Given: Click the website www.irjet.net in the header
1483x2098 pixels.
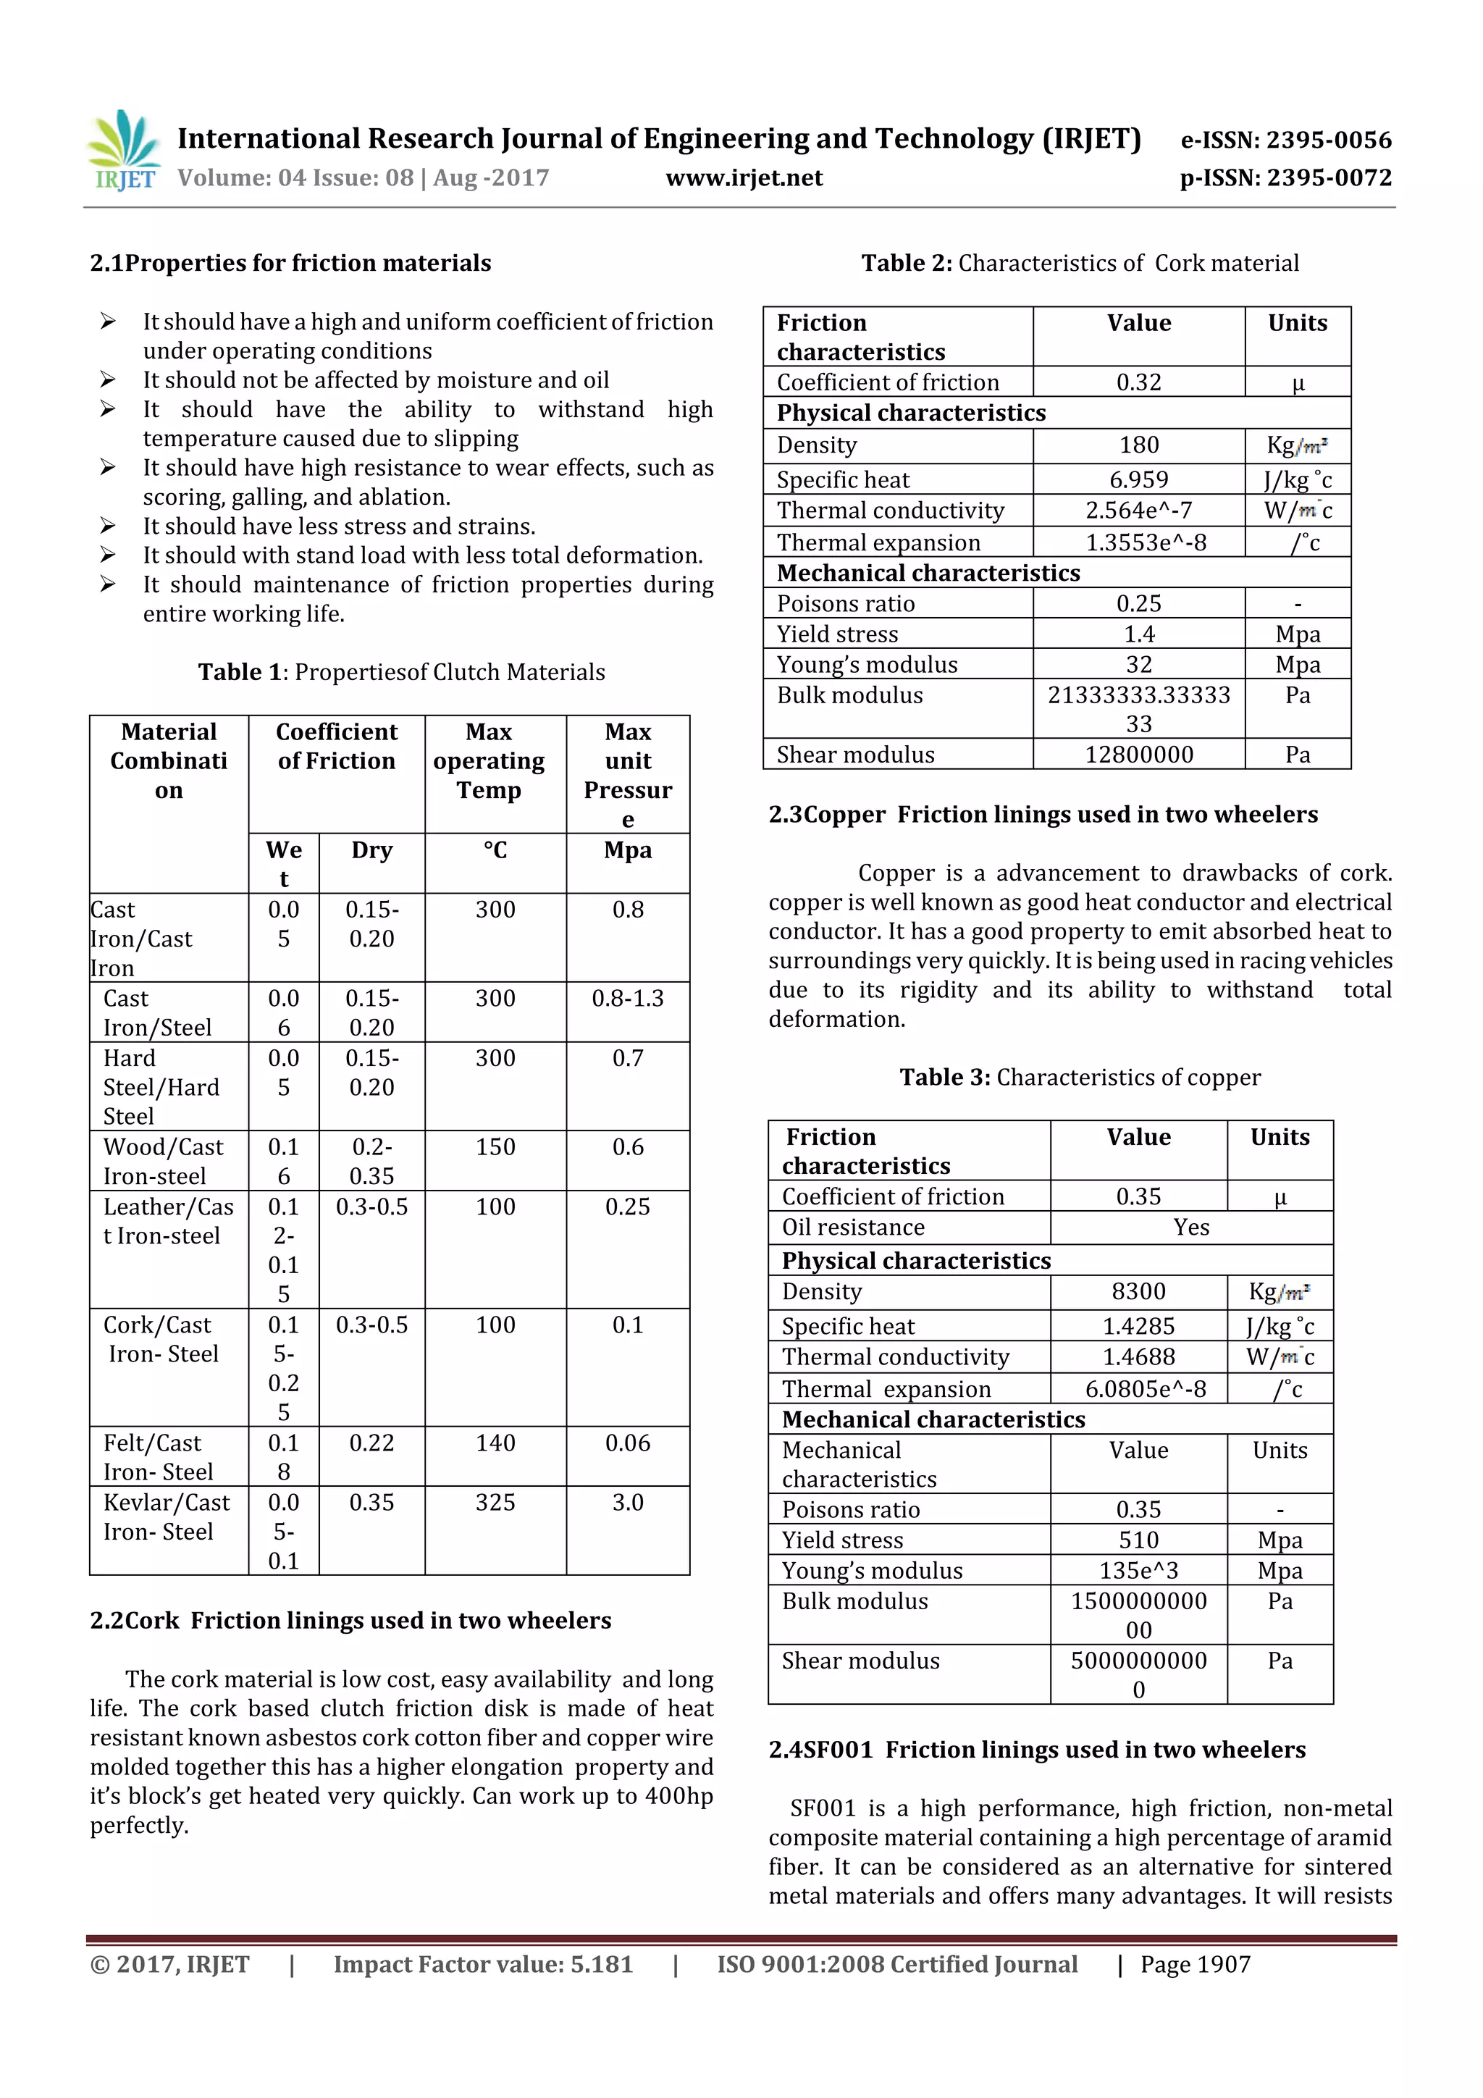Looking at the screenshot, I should (744, 178).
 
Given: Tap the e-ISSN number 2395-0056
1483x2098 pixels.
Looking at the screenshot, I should (1285, 140).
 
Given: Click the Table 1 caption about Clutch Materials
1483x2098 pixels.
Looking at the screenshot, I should (401, 673).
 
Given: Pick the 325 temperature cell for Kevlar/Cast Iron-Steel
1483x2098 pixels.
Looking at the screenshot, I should (495, 1503).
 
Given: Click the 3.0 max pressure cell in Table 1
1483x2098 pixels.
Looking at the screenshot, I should (628, 1503).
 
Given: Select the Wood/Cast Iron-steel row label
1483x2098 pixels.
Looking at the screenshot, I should (164, 1162).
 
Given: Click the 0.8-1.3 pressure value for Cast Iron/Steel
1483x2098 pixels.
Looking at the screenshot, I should (628, 999).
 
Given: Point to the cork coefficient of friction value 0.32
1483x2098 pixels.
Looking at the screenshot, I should (1138, 383).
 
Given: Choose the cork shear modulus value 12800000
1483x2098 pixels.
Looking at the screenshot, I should (1138, 755).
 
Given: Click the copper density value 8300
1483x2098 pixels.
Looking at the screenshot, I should (1138, 1292).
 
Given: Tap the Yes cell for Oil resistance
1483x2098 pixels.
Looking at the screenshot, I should (1190, 1228).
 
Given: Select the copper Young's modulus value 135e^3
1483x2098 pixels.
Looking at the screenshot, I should (1138, 1571).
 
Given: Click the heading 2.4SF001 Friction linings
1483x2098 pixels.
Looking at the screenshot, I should (1037, 1750).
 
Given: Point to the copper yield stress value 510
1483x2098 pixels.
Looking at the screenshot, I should (1138, 1540).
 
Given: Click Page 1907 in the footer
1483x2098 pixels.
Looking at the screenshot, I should (1196, 1965).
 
